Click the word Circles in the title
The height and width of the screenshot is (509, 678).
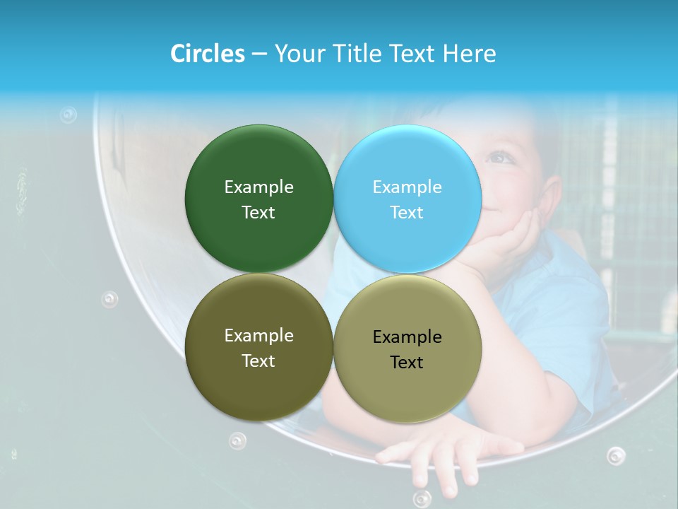[207, 54]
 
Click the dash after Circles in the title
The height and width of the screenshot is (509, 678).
[258, 54]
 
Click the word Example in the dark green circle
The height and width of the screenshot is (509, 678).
[258, 187]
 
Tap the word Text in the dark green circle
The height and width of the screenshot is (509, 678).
[258, 212]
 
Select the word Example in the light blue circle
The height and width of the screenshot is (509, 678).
[407, 187]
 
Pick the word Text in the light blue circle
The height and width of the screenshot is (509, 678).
[407, 212]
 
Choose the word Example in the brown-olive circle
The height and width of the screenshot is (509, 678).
[258, 335]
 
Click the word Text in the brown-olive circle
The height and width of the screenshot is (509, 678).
[258, 361]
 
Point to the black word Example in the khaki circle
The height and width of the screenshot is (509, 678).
[407, 337]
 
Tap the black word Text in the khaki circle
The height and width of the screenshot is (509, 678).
[407, 362]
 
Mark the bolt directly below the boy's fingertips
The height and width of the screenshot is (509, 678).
[422, 497]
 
